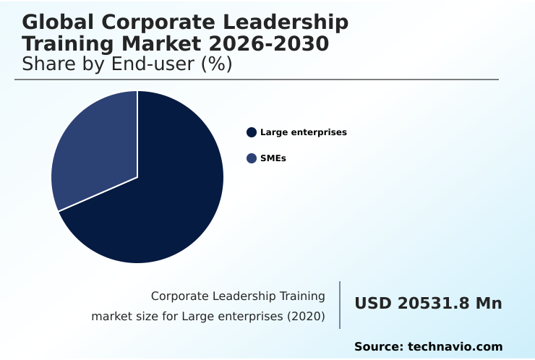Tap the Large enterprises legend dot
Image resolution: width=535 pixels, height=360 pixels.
(252, 132)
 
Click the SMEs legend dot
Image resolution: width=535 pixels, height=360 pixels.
(252, 158)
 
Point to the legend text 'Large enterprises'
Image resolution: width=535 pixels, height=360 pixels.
(304, 132)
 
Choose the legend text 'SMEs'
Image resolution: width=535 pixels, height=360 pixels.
(273, 158)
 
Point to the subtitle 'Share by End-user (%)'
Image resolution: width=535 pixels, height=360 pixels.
(127, 64)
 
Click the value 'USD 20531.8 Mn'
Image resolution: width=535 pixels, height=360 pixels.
(428, 304)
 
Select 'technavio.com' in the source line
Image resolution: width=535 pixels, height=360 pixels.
(455, 347)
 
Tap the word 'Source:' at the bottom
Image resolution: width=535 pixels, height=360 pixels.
(378, 347)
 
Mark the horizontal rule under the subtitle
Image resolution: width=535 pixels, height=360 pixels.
(257, 80)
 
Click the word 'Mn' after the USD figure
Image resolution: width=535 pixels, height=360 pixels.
(488, 304)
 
